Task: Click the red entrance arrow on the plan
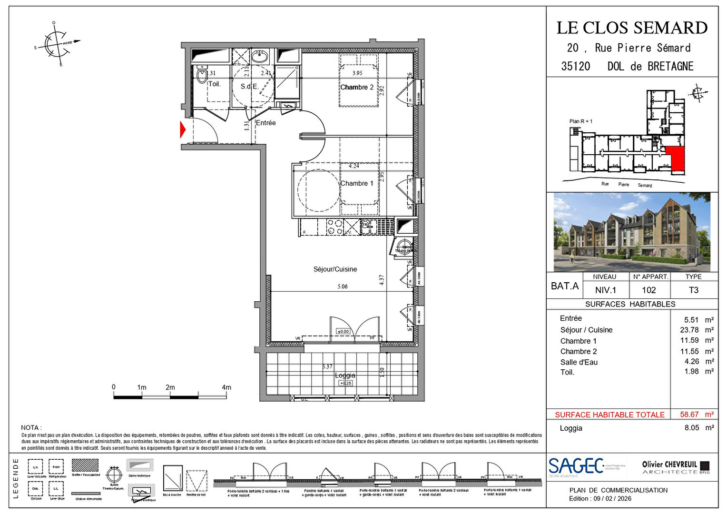pyautogui.click(x=183, y=130)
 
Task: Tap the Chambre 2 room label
pyautogui.click(x=357, y=87)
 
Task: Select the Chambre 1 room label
pyautogui.click(x=357, y=183)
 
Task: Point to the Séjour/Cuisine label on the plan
pyautogui.click(x=335, y=269)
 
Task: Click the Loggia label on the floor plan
pyautogui.click(x=345, y=376)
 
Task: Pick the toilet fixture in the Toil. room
pyautogui.click(x=202, y=76)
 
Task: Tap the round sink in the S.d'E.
pyautogui.click(x=259, y=58)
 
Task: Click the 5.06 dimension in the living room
pyautogui.click(x=343, y=287)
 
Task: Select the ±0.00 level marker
pyautogui.click(x=343, y=331)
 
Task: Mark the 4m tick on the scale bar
pyautogui.click(x=226, y=387)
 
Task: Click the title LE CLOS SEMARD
pyautogui.click(x=632, y=28)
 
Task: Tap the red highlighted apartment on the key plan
pyautogui.click(x=676, y=159)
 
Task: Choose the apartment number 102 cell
pyautogui.click(x=649, y=290)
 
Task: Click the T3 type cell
pyautogui.click(x=693, y=290)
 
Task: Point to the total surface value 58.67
pyautogui.click(x=689, y=415)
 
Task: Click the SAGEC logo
pyautogui.click(x=576, y=466)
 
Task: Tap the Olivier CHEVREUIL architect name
pyautogui.click(x=669, y=465)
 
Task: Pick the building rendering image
pyautogui.click(x=632, y=232)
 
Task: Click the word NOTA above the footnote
pyautogui.click(x=31, y=428)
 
